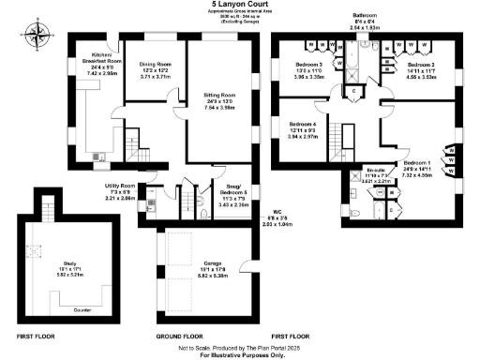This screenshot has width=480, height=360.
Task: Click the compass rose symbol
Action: click(x=37, y=37)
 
